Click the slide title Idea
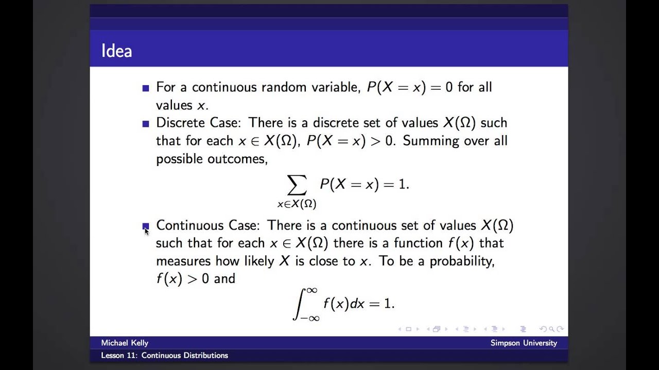tap(116, 51)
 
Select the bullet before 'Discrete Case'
tap(146, 124)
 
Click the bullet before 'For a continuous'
tap(146, 88)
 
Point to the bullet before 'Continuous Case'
tap(146, 226)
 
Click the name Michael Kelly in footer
tap(125, 343)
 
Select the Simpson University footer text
tap(524, 343)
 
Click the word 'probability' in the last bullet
tap(462, 261)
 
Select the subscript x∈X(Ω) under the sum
tap(297, 204)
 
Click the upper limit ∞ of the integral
tap(311, 291)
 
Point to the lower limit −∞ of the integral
tap(310, 318)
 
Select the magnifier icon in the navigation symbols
tap(551, 329)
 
